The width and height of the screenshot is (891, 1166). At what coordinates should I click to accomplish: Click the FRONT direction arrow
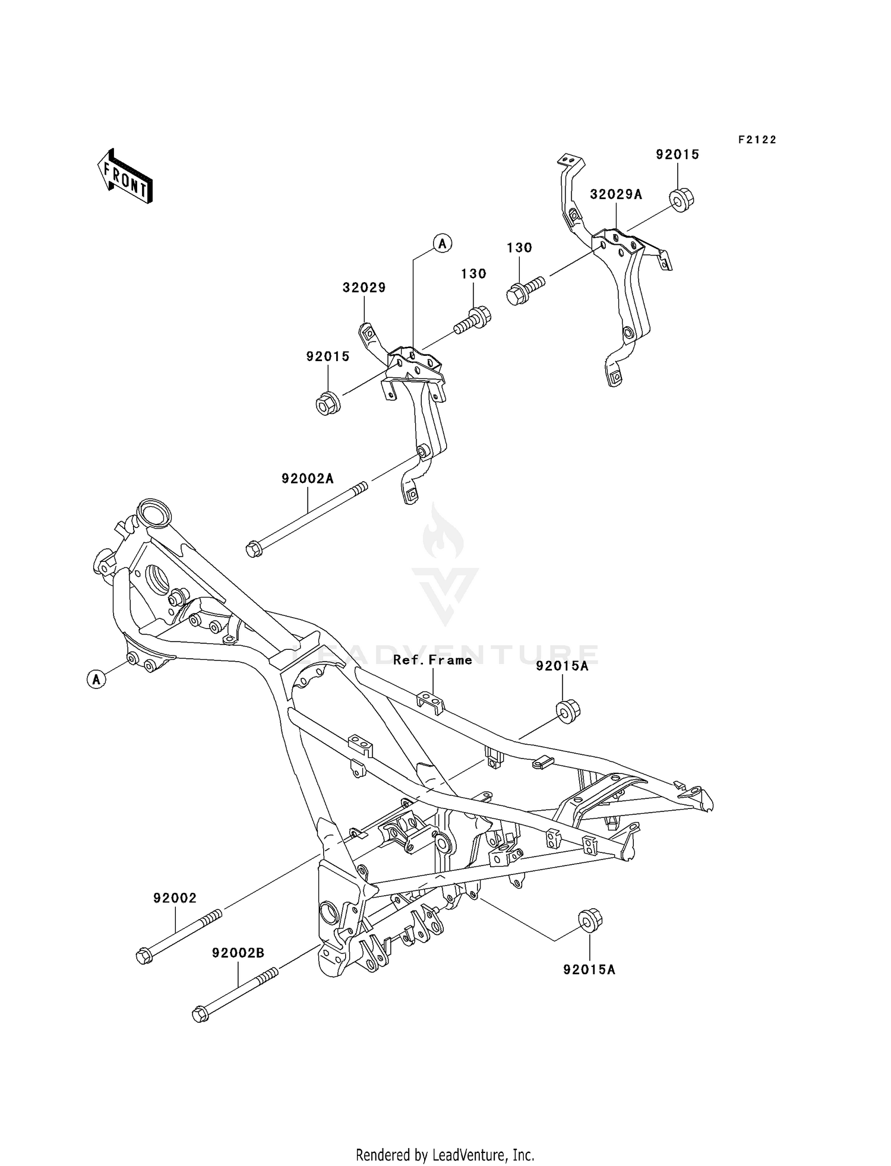click(125, 177)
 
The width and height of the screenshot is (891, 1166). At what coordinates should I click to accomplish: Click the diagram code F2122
click(757, 140)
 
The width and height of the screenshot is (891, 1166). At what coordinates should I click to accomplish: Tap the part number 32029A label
click(615, 194)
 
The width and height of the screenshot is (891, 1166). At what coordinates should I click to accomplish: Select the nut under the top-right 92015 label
click(681, 199)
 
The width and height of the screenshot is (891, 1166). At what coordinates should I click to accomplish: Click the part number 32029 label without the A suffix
click(364, 287)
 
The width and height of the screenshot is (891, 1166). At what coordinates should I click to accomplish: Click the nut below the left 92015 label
click(327, 403)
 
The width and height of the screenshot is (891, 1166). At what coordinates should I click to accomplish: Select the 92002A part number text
click(307, 478)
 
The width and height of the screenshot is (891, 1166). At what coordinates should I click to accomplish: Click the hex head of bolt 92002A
click(254, 548)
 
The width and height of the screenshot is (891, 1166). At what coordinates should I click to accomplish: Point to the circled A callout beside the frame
click(97, 678)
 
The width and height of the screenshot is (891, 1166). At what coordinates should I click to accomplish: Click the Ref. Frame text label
click(432, 660)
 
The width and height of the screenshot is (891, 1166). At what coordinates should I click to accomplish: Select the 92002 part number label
click(175, 898)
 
